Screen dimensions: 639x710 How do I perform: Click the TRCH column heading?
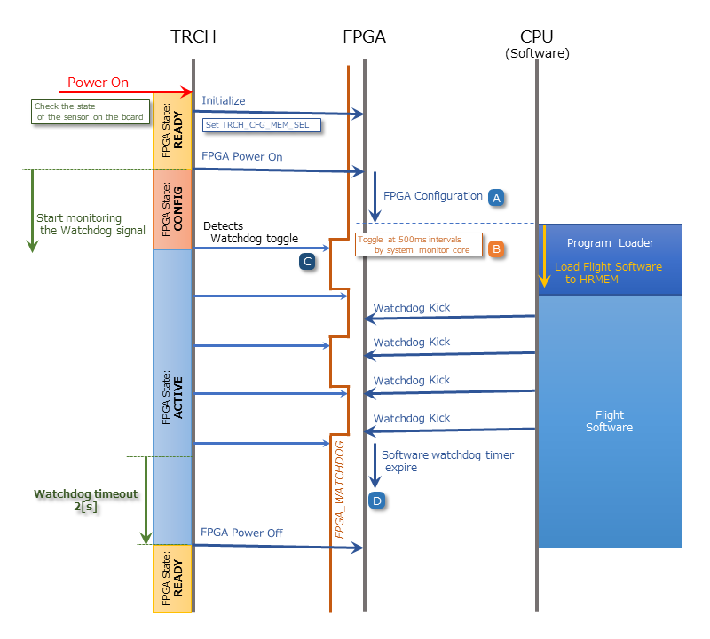[193, 36]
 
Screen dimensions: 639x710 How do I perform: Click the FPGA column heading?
[364, 36]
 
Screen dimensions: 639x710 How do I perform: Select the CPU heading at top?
[537, 36]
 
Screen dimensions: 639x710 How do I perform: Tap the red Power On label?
[99, 83]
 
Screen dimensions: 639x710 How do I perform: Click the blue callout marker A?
[496, 198]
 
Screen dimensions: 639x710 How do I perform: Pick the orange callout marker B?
[496, 249]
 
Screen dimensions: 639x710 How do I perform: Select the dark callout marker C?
[307, 261]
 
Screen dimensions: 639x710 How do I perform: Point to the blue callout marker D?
[377, 501]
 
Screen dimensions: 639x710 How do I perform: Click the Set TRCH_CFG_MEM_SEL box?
[262, 125]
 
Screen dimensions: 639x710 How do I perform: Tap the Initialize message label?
[224, 101]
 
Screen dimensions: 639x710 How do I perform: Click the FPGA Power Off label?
[241, 532]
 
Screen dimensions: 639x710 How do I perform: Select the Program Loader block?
[611, 243]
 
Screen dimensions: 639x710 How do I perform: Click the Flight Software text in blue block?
[610, 421]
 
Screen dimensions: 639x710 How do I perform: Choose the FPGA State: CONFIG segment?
[173, 209]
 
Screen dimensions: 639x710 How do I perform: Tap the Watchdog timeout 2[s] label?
[86, 500]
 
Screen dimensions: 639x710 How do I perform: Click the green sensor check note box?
[88, 111]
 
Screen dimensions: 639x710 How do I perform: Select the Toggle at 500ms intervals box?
[418, 244]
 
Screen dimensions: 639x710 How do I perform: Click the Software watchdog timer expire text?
[447, 461]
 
